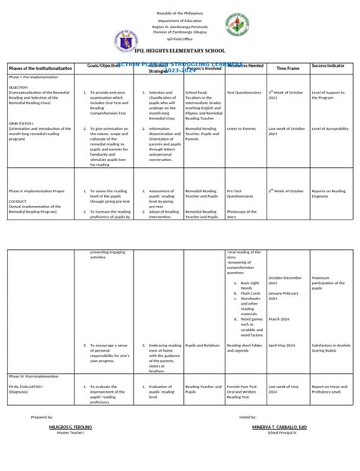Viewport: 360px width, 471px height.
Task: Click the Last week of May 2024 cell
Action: click(x=283, y=370)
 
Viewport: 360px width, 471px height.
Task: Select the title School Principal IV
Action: click(x=282, y=433)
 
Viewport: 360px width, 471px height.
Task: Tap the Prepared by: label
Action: click(x=42, y=417)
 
